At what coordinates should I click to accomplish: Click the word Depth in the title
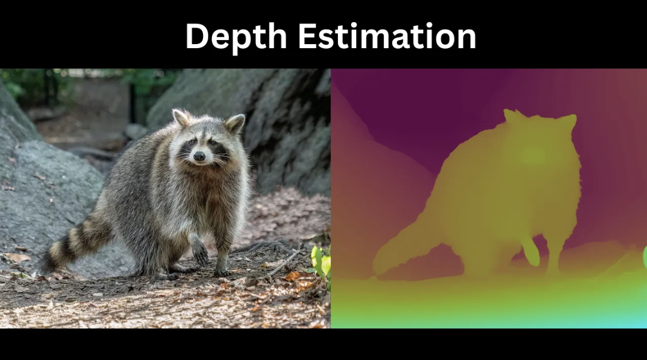click(x=236, y=37)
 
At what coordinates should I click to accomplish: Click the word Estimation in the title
click(x=387, y=36)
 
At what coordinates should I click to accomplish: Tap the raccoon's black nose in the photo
click(x=199, y=156)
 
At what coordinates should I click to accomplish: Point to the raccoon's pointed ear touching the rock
click(x=235, y=123)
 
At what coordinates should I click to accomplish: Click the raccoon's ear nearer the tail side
click(x=181, y=118)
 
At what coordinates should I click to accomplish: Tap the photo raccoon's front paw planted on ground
click(x=222, y=271)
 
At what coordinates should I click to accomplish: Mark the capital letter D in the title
click(x=200, y=36)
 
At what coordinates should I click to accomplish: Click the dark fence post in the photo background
click(x=132, y=103)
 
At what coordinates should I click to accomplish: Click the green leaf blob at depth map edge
click(x=645, y=256)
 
